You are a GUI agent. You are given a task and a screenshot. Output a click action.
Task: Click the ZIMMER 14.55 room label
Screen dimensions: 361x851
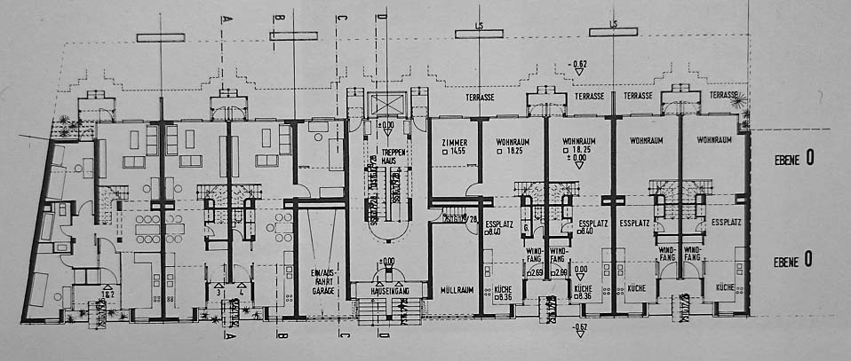[451, 147]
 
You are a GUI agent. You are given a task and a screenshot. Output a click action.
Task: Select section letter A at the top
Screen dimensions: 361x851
[227, 18]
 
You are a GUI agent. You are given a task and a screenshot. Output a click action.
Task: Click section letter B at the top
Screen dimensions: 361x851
[279, 18]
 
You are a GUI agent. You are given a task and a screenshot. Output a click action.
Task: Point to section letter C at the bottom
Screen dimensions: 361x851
[341, 337]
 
